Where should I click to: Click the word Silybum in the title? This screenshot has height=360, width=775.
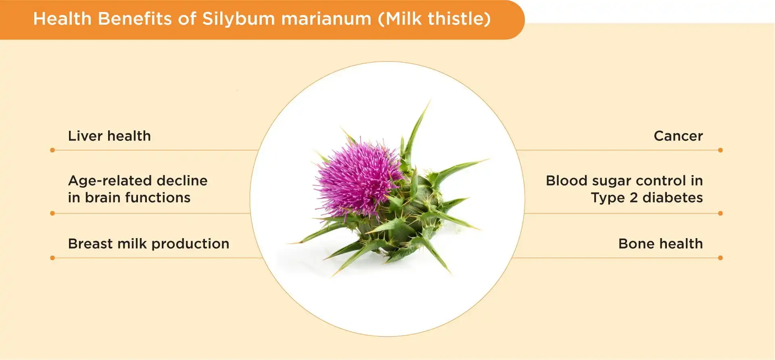[x=238, y=19]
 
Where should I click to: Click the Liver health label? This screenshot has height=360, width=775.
[x=109, y=136]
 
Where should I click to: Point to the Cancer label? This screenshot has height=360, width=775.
[x=678, y=136]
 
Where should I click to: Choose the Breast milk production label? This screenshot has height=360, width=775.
[x=148, y=244]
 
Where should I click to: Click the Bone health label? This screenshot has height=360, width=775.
[x=660, y=244]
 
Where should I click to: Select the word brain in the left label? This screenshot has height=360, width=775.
[x=103, y=198]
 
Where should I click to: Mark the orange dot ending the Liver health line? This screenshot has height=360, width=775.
[x=52, y=150]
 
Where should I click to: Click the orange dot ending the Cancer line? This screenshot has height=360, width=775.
[x=721, y=150]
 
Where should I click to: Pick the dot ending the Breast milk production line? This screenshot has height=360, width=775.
[x=52, y=258]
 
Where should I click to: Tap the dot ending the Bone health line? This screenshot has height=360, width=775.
[x=721, y=258]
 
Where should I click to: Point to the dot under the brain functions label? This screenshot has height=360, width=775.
[x=52, y=213]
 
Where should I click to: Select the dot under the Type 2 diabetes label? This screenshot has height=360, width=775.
[x=721, y=213]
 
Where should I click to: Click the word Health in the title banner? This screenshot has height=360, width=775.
[x=62, y=19]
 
